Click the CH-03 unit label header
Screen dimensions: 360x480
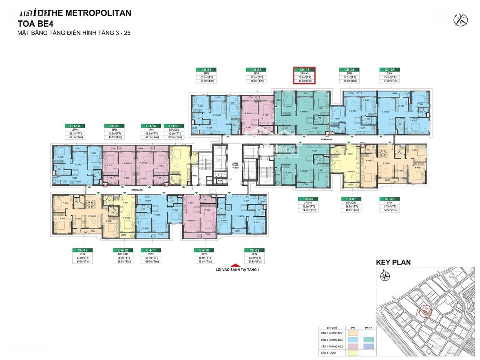pos(304,70)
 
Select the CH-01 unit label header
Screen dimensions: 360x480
pos(206,70)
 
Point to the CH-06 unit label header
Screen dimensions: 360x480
pos(389,199)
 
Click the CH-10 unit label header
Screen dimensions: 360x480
pos(204,250)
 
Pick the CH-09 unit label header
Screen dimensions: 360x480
pos(254,250)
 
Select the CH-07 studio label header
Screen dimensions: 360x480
pos(349,199)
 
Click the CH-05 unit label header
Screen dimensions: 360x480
pos(389,70)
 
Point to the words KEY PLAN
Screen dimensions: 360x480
pos(393,262)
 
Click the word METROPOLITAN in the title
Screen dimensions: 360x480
pos(99,13)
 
